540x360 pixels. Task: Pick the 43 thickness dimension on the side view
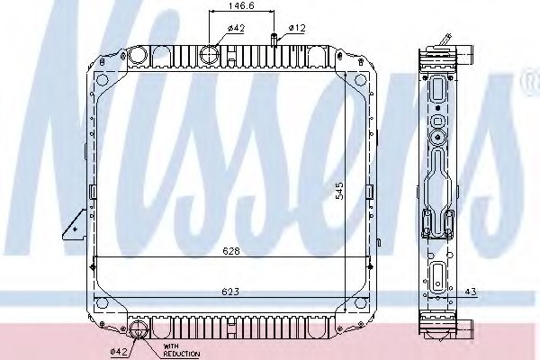coord(471,292)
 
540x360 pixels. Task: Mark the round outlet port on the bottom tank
coord(139,331)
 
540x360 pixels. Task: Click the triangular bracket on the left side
coord(71,226)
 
